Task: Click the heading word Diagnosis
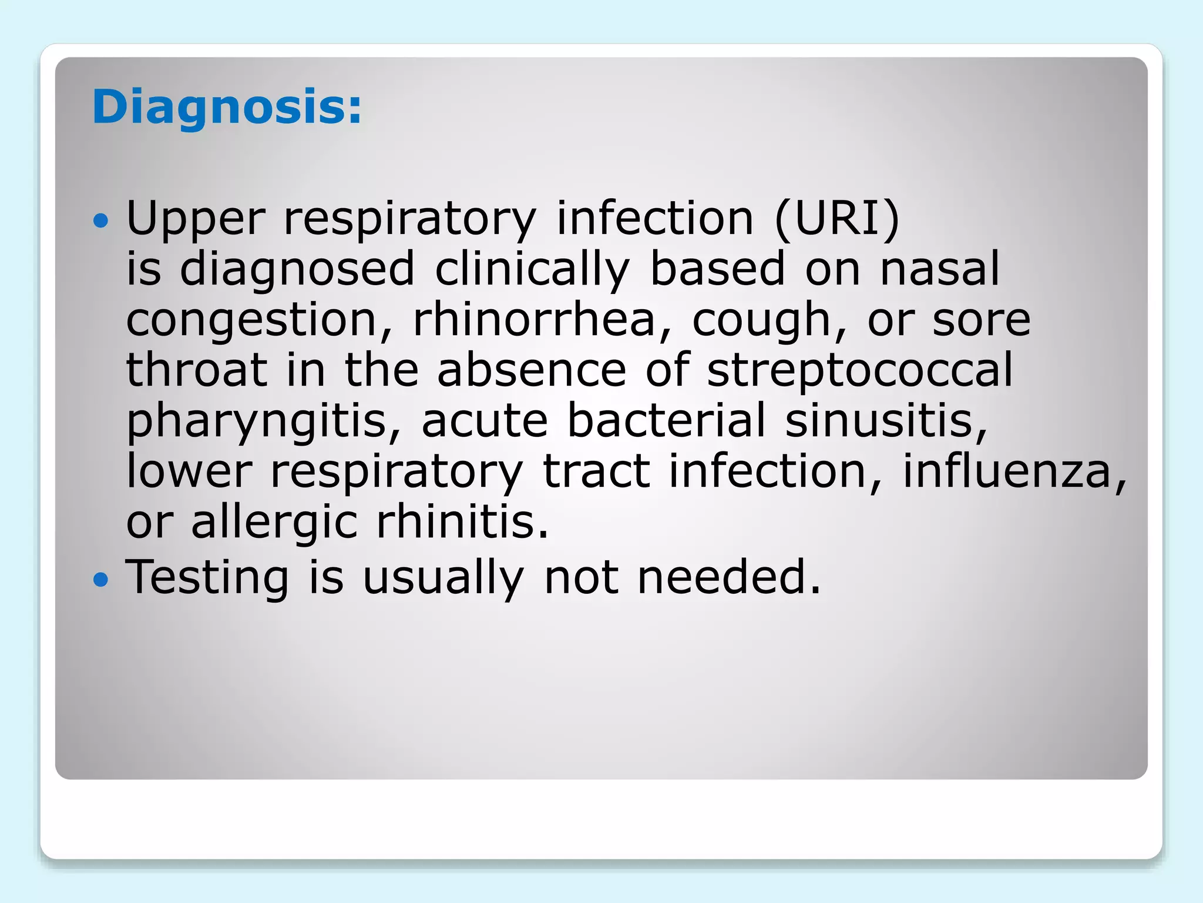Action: coord(226,107)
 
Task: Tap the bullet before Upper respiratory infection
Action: coord(101,221)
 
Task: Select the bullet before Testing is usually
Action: coord(101,580)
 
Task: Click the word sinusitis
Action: coord(886,421)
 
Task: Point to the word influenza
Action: coord(1014,471)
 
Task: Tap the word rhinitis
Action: coord(462,522)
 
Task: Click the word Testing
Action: coord(207,578)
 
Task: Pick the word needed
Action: coord(728,577)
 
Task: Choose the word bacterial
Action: coord(667,421)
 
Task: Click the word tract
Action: coord(596,471)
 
